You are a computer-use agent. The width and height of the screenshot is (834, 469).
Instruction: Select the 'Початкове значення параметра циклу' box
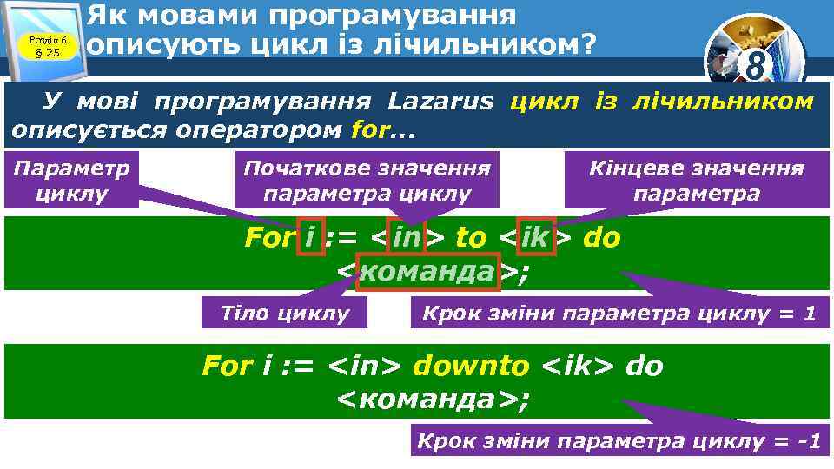pos(367,181)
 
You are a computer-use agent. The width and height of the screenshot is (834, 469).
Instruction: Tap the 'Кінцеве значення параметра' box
pos(697,181)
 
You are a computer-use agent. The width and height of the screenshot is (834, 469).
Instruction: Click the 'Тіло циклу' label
pos(284,313)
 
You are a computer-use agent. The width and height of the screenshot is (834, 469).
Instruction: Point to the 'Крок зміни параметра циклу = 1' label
pos(619,313)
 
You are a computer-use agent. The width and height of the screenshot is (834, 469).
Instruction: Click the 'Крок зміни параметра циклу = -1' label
pos(619,441)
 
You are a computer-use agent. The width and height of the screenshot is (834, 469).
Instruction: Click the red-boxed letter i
pos(310,237)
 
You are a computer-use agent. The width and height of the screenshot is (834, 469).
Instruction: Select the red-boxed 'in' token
pos(407,237)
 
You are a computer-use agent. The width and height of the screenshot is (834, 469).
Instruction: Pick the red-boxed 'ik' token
pos(535,237)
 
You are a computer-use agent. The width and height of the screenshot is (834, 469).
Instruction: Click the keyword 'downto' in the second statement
pos(470,366)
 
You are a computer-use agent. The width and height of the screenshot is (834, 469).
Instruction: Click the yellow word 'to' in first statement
pos(471,237)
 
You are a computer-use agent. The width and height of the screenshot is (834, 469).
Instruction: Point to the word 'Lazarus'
pos(440,102)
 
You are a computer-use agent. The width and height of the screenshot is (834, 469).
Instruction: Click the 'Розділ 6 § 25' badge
pos(48,44)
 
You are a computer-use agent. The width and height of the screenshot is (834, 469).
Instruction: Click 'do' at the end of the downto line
pos(644,366)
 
